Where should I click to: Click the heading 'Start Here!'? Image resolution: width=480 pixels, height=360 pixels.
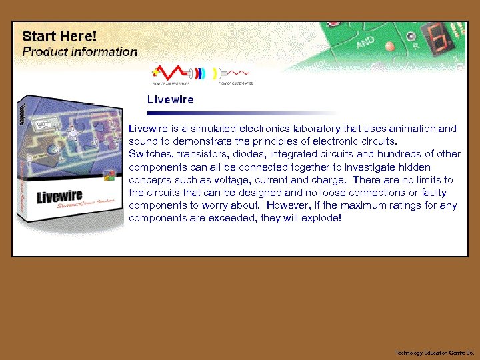pos(59,35)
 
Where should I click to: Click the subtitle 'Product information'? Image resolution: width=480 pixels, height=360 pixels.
pos(80,51)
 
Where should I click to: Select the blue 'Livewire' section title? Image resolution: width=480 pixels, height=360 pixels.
pos(170,100)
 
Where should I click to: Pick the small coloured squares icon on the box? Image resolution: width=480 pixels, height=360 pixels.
pos(110,177)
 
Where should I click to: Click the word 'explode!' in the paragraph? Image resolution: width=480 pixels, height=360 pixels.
pos(322,218)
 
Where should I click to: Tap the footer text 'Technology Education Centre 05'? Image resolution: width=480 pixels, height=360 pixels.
pos(433,351)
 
